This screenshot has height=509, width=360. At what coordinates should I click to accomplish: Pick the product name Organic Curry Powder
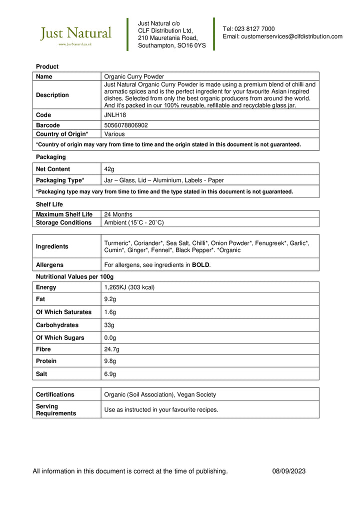click(134, 76)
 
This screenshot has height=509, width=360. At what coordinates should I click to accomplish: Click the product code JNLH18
click(114, 115)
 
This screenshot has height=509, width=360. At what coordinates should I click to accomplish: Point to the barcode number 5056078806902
click(126, 125)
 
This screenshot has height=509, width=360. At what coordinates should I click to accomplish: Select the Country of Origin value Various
click(114, 134)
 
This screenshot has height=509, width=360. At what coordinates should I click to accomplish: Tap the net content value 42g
click(109, 169)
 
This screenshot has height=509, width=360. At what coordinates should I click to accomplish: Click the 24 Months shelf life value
click(118, 214)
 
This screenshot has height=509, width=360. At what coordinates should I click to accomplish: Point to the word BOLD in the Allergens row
click(201, 265)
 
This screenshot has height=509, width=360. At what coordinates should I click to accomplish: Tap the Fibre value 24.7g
click(111, 349)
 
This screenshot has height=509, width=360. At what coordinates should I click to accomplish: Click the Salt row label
click(42, 374)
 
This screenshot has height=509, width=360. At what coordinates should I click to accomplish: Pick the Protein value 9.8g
click(109, 361)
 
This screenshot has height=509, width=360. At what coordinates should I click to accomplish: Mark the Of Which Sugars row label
click(60, 337)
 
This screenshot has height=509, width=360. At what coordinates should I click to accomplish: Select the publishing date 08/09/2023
click(289, 471)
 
